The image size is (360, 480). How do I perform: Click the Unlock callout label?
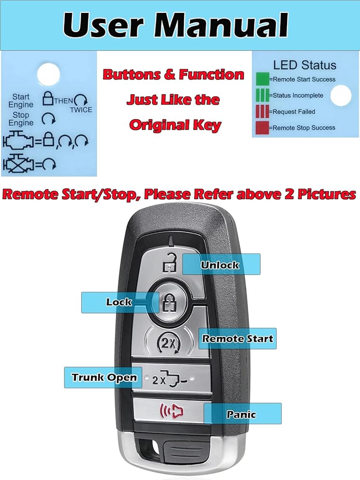click(220, 264)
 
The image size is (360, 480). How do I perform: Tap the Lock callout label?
click(119, 302)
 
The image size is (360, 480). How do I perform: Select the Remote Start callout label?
click(237, 338)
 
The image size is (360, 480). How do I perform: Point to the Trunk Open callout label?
click(104, 377)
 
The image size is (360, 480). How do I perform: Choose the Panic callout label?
click(242, 414)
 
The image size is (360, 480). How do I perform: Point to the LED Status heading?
click(305, 65)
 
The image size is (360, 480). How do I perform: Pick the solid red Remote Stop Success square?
click(262, 128)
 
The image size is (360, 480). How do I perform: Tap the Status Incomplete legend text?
click(298, 96)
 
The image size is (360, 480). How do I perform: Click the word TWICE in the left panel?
click(81, 109)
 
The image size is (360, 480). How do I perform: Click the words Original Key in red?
click(175, 125)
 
